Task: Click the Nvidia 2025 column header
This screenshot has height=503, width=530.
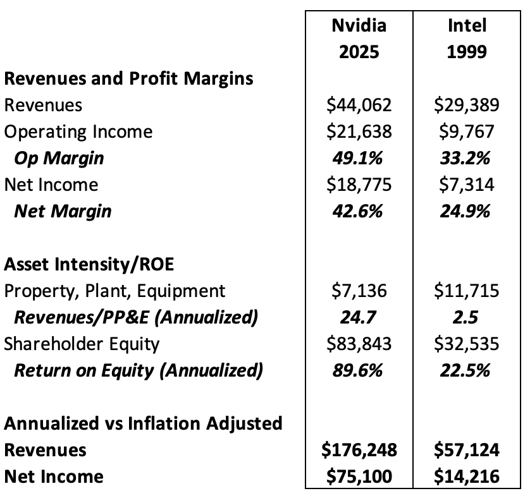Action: (359, 38)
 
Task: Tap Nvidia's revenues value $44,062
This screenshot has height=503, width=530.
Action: (359, 105)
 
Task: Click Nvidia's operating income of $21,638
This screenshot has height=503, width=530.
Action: (359, 131)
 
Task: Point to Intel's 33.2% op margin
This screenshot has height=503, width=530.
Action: (467, 158)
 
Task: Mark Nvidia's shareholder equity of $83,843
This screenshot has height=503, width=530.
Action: (359, 344)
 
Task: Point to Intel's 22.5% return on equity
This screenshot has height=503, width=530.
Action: (467, 370)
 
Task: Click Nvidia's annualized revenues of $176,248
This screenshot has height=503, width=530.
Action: (359, 450)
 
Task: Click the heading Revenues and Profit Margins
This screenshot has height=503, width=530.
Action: (129, 78)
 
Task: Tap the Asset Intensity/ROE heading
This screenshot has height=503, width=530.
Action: (89, 264)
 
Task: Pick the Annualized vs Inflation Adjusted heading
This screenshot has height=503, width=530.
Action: (143, 423)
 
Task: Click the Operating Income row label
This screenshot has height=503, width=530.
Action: (78, 131)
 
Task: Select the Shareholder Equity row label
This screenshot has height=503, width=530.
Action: (82, 344)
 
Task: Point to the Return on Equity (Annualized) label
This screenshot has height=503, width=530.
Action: (138, 370)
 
